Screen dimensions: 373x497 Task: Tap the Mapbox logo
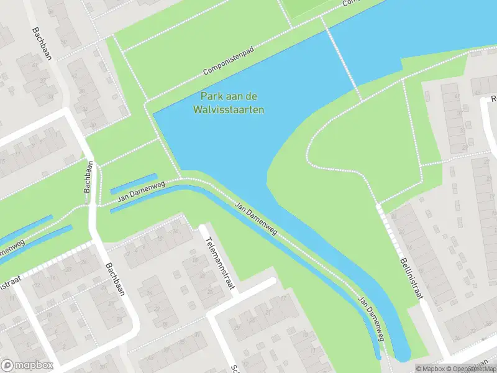click(27, 366)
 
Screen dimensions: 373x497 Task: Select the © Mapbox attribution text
click(432, 369)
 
